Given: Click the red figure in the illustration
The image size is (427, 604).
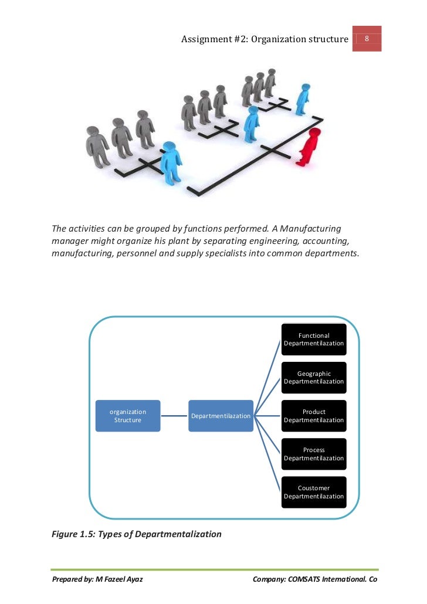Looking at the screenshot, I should [310, 147].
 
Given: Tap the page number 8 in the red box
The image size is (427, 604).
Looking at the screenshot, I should [367, 39].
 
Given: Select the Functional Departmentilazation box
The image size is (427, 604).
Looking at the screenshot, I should [314, 340].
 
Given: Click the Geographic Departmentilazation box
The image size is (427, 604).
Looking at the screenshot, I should [314, 378].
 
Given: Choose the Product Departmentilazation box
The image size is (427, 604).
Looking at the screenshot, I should [314, 416].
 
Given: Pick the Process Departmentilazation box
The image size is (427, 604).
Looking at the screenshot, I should [314, 454].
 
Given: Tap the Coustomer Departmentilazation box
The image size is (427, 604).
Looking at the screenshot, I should [314, 492].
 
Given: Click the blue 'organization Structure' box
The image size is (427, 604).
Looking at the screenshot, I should [128, 416].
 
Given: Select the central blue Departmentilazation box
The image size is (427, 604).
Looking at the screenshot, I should [221, 416].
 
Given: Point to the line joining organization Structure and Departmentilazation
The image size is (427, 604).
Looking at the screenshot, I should [174, 416].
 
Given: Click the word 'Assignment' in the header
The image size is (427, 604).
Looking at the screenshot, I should [203, 39].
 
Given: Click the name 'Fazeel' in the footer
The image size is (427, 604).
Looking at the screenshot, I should [114, 579].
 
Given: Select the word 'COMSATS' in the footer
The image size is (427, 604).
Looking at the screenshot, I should [303, 579].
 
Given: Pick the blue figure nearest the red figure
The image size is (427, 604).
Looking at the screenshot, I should [303, 100].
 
